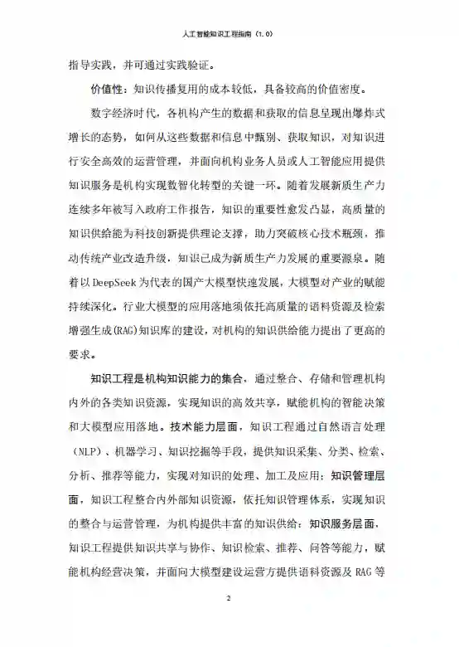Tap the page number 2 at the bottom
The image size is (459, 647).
pos(229,598)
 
